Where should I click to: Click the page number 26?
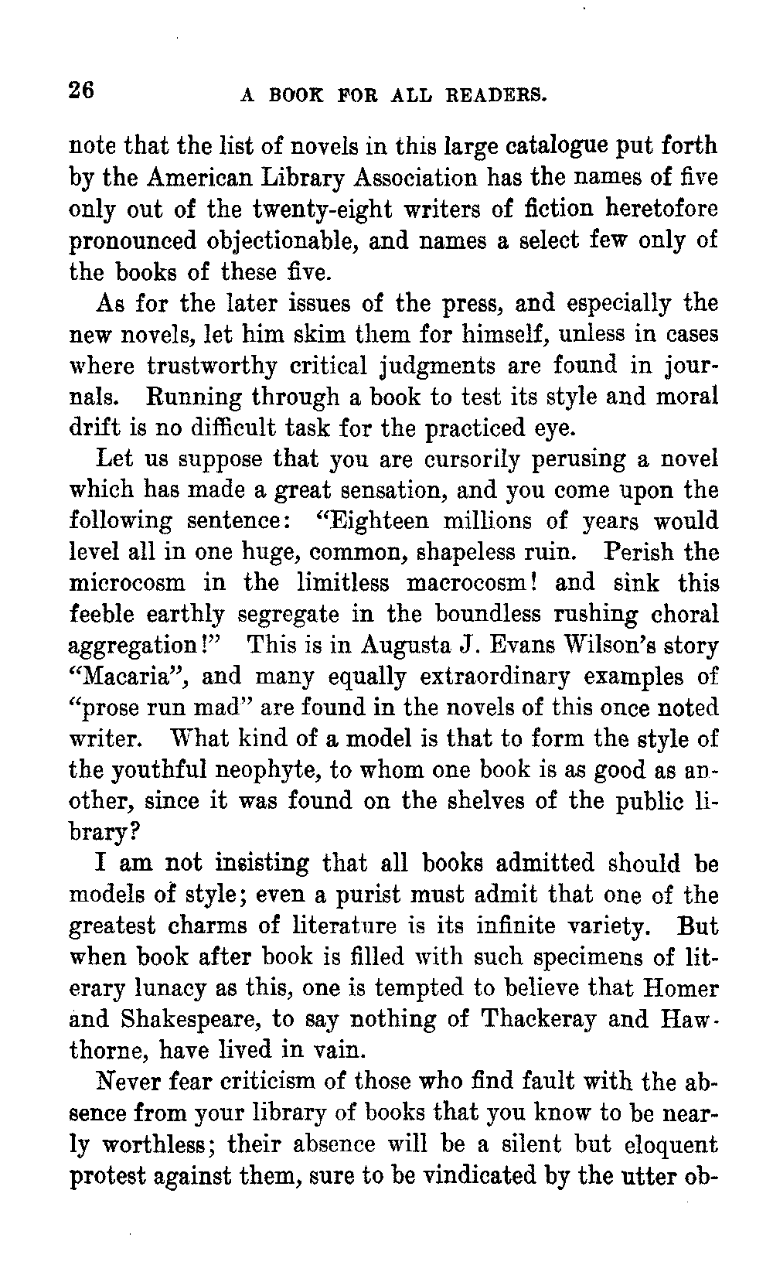[x=81, y=90]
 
